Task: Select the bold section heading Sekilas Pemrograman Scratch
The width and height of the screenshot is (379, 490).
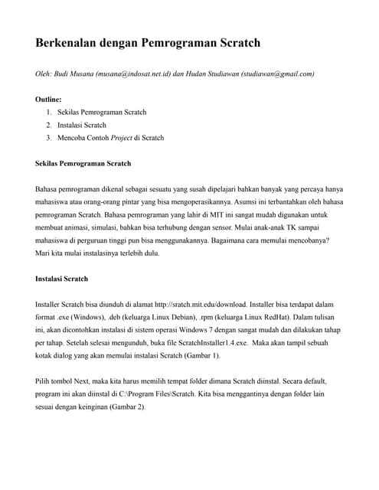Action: [83, 163]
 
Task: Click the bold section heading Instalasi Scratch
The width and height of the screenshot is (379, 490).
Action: [62, 279]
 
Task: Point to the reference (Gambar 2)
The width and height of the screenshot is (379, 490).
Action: [126, 407]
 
